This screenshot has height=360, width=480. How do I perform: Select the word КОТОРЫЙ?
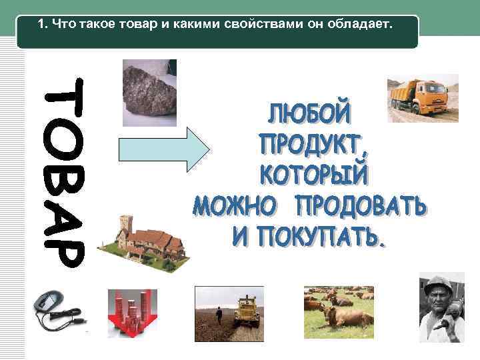point(313,175)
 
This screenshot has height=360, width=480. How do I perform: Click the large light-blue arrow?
point(163,147)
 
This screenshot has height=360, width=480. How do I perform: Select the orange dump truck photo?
point(423,99)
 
